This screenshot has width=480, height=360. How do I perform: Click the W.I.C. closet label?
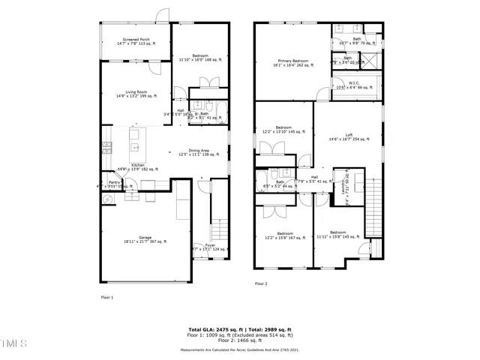click(354, 85)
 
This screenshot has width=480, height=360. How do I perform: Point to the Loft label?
click(349, 137)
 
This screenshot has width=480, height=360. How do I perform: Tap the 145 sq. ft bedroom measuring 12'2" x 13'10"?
click(283, 130)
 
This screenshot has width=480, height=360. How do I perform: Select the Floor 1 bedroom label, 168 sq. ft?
click(199, 58)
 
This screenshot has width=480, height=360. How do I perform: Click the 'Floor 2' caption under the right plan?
click(261, 283)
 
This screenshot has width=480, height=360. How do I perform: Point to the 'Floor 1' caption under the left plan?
click(107, 297)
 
